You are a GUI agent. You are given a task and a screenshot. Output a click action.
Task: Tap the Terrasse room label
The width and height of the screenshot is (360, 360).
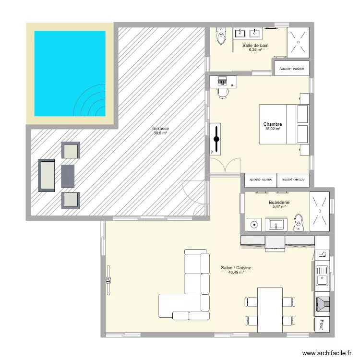coord(160,128)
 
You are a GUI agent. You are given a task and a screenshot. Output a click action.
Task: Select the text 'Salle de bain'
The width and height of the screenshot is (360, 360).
coord(255,46)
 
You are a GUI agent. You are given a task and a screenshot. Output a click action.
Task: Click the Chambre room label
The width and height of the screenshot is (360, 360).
coord(272,124)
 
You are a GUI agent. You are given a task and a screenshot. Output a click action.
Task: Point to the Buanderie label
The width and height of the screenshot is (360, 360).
coord(279,203)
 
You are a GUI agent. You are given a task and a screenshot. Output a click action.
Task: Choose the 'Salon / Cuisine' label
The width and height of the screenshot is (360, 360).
coord(236,268)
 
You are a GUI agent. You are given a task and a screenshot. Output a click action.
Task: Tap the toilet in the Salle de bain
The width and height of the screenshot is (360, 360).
coord(221,36)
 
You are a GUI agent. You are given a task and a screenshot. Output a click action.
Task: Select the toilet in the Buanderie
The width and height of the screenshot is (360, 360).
coord(299,223)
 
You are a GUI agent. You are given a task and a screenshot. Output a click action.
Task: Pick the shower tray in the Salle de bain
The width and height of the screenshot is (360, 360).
coord(298,41)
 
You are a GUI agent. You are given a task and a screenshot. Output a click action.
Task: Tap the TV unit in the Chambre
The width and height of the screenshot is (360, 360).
coord(216,139)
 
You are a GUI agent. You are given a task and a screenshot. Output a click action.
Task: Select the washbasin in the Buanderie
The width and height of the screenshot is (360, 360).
coord(276,224)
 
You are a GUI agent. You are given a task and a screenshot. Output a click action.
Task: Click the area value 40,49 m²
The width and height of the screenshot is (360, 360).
coord(236,273)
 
